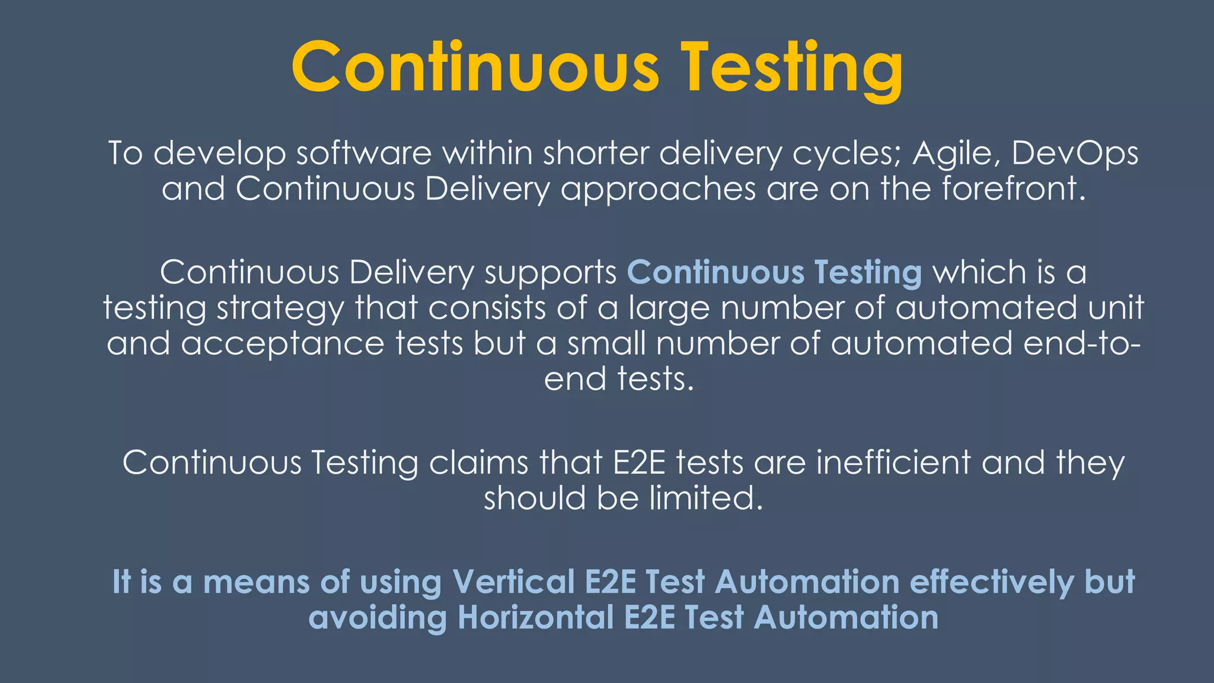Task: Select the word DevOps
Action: [x=1075, y=153]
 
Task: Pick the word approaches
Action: [x=658, y=190]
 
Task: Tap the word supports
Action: [x=551, y=273]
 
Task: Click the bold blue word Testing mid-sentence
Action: [x=868, y=273]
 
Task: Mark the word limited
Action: [x=705, y=497]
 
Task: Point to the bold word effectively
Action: [x=991, y=581]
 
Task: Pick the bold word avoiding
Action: [x=378, y=617]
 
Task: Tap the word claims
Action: [x=478, y=462]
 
